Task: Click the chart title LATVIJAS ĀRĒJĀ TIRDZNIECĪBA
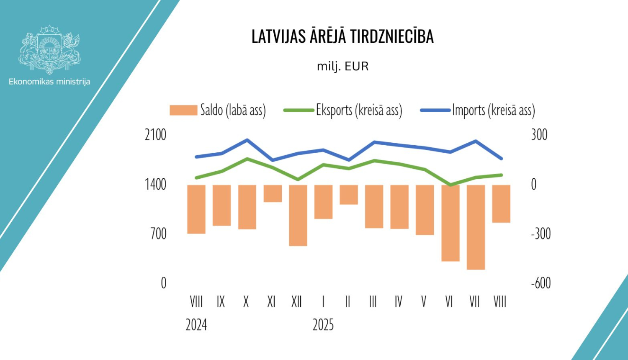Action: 342,36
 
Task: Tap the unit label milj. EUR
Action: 342,67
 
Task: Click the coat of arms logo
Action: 49,49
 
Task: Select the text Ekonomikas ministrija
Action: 49,82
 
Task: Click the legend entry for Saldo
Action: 218,111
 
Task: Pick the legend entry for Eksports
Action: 343,111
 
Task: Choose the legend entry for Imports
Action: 478,111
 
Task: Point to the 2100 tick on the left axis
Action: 155,135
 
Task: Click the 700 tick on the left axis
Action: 158,234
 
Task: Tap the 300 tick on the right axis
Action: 539,135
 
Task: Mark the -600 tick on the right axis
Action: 541,283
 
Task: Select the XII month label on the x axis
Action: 296,301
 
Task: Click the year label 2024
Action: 196,325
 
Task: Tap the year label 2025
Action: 323,325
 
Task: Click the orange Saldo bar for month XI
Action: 273,193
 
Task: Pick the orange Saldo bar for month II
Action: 349,195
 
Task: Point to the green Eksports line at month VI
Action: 450,185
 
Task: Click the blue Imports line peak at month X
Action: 247,140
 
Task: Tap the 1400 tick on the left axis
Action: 155,184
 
